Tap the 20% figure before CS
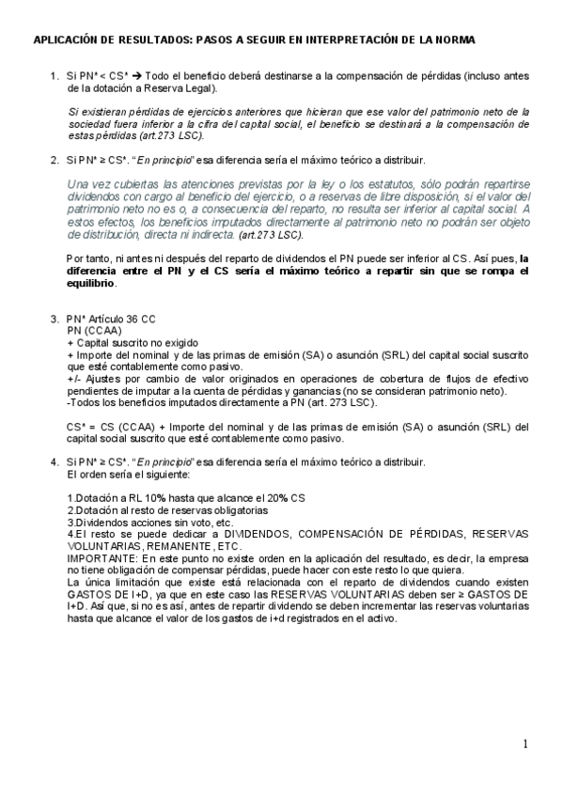[x=276, y=497]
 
